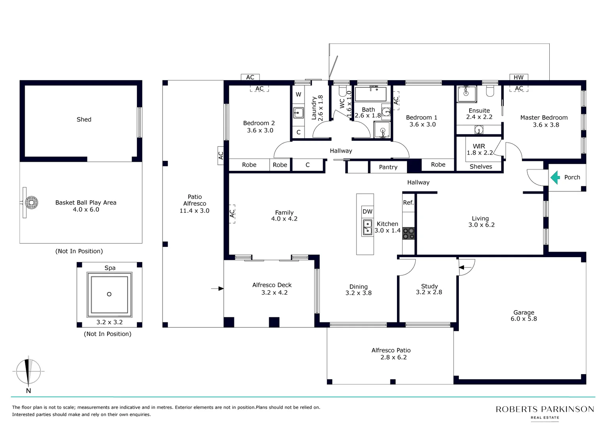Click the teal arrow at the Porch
(x=555, y=178)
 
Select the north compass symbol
(x=29, y=372)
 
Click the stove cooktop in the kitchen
(x=408, y=233)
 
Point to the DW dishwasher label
(x=367, y=212)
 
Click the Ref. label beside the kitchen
(x=408, y=203)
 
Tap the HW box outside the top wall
(x=519, y=77)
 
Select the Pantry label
(x=388, y=167)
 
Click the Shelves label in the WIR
(x=481, y=166)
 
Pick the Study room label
(x=430, y=286)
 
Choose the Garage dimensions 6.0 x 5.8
(x=524, y=319)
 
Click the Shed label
(x=84, y=120)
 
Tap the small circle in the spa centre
(x=109, y=294)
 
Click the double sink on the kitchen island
(x=367, y=227)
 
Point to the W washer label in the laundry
(x=298, y=95)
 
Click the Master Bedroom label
(x=544, y=118)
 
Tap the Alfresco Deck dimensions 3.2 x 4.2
(x=274, y=292)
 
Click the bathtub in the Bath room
(x=371, y=94)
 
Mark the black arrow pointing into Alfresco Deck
(x=217, y=289)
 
